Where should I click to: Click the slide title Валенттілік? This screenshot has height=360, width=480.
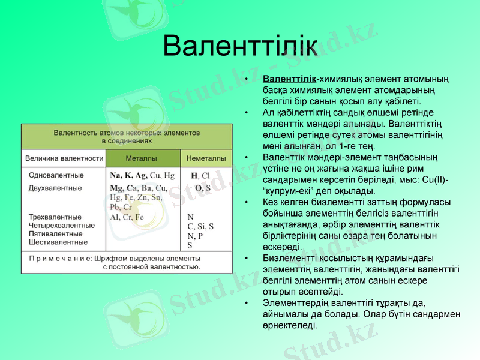click(x=240, y=45)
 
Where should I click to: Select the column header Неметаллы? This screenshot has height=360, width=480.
click(x=206, y=158)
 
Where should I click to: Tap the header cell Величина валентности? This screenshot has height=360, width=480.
click(x=64, y=158)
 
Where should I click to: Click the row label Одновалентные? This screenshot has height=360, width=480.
click(x=56, y=176)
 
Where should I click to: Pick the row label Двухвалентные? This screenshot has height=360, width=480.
click(x=55, y=188)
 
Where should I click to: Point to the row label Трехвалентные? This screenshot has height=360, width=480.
click(x=55, y=217)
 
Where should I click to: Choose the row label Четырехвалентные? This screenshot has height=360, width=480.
click(x=62, y=226)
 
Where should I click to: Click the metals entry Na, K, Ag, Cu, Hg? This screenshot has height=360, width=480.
click(x=142, y=176)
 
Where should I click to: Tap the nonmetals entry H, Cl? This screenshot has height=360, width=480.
click(x=200, y=176)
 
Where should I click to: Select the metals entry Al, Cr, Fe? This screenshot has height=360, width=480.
click(x=127, y=217)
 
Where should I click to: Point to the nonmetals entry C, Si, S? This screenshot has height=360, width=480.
click(x=200, y=226)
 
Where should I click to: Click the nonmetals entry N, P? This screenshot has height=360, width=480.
click(x=195, y=236)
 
